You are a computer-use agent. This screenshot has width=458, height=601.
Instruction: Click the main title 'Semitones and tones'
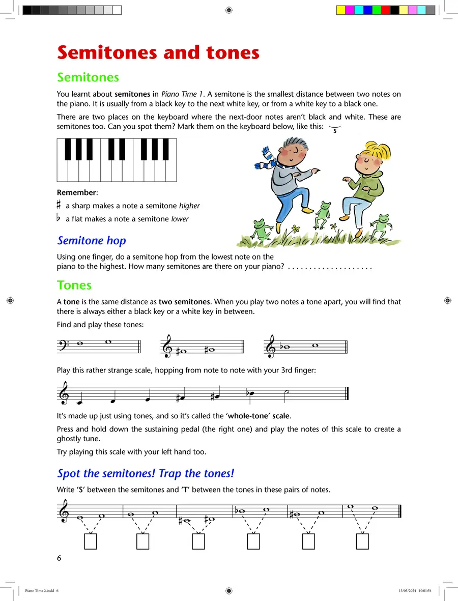click(158, 52)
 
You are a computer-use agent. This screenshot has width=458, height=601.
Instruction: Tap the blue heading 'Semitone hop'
click(92, 241)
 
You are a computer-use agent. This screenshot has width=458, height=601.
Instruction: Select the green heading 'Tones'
click(74, 285)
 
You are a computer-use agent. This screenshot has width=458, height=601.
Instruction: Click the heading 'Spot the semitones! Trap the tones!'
click(146, 473)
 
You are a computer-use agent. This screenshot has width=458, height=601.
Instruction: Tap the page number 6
click(59, 558)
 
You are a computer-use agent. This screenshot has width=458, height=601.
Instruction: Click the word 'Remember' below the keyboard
click(76, 192)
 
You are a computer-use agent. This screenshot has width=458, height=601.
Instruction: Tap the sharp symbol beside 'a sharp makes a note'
click(60, 205)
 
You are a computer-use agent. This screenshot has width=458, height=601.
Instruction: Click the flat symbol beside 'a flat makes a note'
click(59, 218)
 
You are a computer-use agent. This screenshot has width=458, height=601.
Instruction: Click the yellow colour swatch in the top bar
click(341, 10)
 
